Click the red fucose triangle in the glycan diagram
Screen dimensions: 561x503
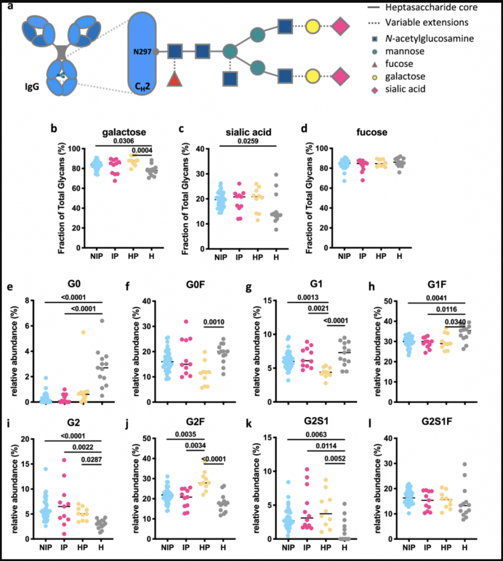click(x=174, y=79)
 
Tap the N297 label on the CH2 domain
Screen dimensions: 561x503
click(x=142, y=52)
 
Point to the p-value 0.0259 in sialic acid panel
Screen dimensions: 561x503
click(x=234, y=142)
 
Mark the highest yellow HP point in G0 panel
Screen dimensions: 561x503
click(x=83, y=333)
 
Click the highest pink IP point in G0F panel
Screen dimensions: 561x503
click(x=171, y=322)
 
